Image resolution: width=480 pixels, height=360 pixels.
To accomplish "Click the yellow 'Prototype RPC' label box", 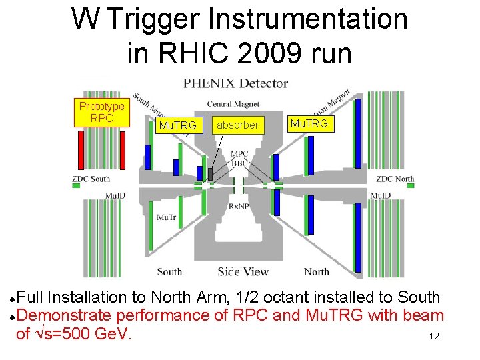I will point(101,113).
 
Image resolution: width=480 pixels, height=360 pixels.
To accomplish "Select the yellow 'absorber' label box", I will point(237,125).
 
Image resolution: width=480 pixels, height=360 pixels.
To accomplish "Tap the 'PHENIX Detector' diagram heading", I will point(235,84).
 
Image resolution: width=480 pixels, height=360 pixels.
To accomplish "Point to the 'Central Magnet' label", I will point(233,103).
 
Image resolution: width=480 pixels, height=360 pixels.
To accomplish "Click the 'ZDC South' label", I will point(91,179).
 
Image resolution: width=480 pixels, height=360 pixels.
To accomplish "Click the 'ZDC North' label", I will point(395,179).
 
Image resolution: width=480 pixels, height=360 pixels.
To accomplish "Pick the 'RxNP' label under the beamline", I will point(239,207).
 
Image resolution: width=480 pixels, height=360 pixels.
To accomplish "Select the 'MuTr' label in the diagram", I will point(167,217).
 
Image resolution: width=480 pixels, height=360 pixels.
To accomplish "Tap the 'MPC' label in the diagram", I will point(239,154).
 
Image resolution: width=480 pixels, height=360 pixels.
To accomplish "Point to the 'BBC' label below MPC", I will point(239,162).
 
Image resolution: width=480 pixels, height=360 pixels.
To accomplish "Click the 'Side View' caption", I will point(243,271).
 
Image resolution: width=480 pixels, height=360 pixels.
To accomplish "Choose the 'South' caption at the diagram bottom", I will point(169,271).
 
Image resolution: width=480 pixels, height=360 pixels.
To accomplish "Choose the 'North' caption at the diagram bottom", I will point(316,271).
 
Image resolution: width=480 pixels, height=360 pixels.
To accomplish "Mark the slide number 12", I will point(434,337).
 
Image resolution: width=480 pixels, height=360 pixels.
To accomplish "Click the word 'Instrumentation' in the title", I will point(307,19).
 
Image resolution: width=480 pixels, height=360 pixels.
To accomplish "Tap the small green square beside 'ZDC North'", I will point(410,186).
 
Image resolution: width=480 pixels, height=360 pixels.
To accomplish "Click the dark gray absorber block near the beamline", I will point(211,174).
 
